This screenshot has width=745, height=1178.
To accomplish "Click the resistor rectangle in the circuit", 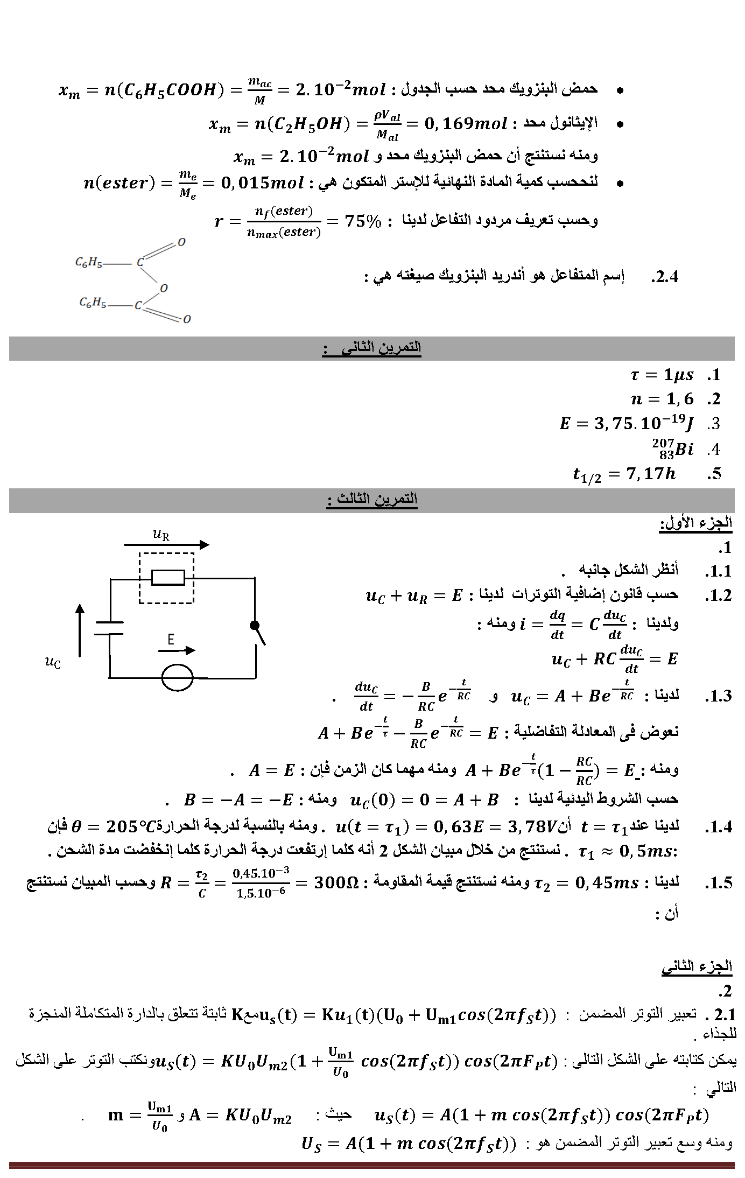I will tap(168, 578).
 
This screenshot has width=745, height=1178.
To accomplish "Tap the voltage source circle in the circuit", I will tap(178, 677).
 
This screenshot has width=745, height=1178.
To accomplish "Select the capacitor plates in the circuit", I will tap(109, 628).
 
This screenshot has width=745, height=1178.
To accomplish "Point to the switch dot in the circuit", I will tap(254, 626).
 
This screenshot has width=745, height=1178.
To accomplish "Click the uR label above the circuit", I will tap(161, 535).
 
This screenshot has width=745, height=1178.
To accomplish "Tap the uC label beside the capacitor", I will tap(52, 663).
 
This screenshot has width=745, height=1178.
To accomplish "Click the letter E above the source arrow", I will tap(171, 640).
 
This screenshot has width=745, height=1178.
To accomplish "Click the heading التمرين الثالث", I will tap(372, 500).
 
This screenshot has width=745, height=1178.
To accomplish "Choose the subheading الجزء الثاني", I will tap(697, 966).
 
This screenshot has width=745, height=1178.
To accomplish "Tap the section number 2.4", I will tap(664, 277).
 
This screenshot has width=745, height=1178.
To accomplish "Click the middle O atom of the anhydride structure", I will tap(164, 288).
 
